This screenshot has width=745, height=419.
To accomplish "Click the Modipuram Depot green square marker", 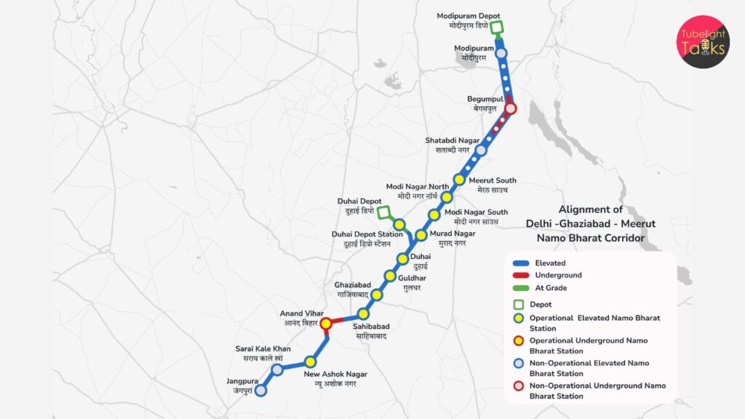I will (498, 28).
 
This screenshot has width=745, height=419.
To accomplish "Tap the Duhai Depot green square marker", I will (383, 212).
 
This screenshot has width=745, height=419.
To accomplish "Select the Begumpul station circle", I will (510, 108).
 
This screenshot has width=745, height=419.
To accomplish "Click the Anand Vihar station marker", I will (327, 323).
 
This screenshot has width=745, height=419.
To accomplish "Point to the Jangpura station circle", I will (260, 390).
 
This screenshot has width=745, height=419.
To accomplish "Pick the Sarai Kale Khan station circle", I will (277, 370).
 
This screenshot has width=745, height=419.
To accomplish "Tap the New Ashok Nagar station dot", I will (311, 362).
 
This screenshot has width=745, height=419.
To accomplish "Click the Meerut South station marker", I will (459, 179).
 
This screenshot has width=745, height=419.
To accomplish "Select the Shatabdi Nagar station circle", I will (481, 150).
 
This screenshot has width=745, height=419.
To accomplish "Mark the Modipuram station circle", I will (501, 52).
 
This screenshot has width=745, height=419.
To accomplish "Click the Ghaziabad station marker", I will (376, 295).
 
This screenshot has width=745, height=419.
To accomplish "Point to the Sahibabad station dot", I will (363, 314).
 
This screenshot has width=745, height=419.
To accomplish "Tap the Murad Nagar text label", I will (452, 234).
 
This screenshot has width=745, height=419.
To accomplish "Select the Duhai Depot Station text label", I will (367, 234).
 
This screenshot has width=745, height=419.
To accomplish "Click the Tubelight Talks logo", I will (703, 41).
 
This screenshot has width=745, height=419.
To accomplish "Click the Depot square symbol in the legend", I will (519, 305).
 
